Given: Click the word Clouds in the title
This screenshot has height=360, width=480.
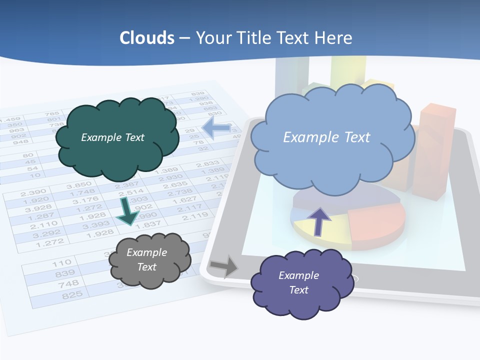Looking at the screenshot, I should [147, 38].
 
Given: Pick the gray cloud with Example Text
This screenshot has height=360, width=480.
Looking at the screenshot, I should [149, 260].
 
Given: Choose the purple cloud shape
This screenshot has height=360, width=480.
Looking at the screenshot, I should [300, 284].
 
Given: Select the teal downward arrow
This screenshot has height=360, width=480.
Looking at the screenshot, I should [128, 212].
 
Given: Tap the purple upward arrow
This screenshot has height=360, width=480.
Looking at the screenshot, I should [318, 220].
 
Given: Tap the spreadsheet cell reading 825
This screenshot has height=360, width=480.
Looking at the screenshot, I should [72, 295].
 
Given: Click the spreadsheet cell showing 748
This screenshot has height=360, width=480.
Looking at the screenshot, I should [68, 284].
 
